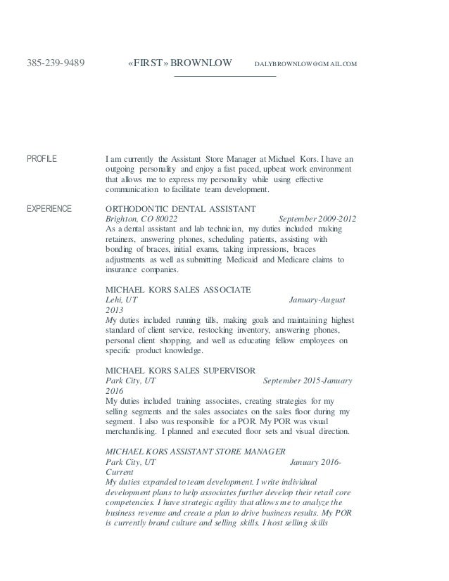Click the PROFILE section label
tap(42, 159)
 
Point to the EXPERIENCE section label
tap(51, 209)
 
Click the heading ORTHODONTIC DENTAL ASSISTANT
tap(180, 209)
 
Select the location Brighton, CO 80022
tap(141, 219)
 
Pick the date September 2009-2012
tap(317, 219)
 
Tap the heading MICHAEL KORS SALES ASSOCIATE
tap(178, 289)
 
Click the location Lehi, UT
tap(122, 299)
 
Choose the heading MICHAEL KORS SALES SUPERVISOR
tap(180, 369)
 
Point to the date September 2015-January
tap(308, 380)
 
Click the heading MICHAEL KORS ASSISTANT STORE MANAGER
tap(195, 450)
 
